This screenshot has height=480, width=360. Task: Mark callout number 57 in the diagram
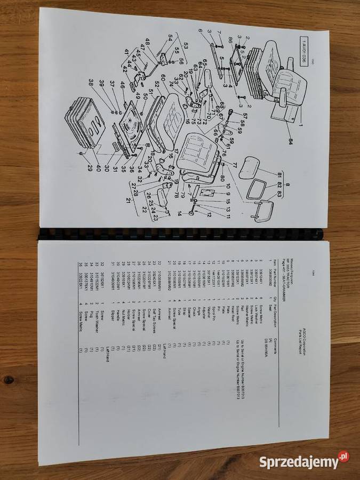point(244,116)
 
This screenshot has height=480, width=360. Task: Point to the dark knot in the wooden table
point(9,380)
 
